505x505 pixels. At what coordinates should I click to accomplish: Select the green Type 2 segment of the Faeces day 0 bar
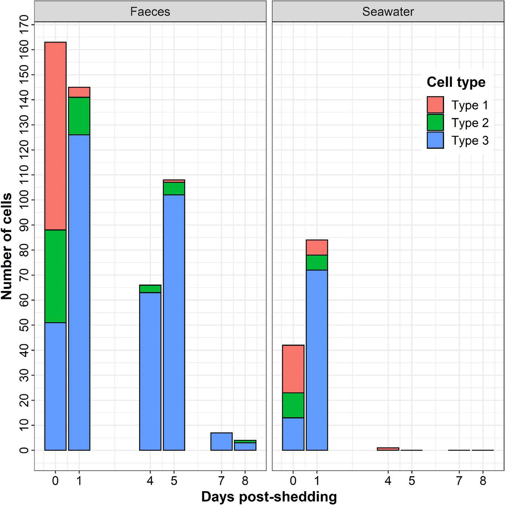(x=55, y=276)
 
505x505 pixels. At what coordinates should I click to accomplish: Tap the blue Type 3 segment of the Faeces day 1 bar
(x=79, y=292)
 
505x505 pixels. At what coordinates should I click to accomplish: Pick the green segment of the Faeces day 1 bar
(x=79, y=116)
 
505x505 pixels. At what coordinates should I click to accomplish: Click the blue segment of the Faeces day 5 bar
(x=174, y=322)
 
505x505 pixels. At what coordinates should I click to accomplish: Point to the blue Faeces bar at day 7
(x=221, y=441)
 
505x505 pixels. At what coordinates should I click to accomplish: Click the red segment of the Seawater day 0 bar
(x=293, y=369)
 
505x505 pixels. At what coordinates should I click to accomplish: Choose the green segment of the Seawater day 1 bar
(x=317, y=263)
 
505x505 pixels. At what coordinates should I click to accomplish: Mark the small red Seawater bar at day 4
(x=388, y=449)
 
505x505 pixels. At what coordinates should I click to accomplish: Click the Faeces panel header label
(x=150, y=12)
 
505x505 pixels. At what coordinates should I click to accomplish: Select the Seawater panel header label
(x=388, y=12)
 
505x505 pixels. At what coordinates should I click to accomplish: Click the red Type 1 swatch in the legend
(x=435, y=105)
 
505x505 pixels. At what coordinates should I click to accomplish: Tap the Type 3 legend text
(x=470, y=141)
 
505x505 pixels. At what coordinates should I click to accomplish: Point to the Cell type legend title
(x=456, y=82)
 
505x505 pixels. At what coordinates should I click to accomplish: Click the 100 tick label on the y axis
(x=24, y=200)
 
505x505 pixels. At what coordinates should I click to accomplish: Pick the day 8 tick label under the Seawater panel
(x=483, y=480)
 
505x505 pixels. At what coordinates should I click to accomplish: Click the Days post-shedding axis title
(x=269, y=497)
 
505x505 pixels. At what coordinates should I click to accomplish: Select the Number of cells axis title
(x=7, y=246)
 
